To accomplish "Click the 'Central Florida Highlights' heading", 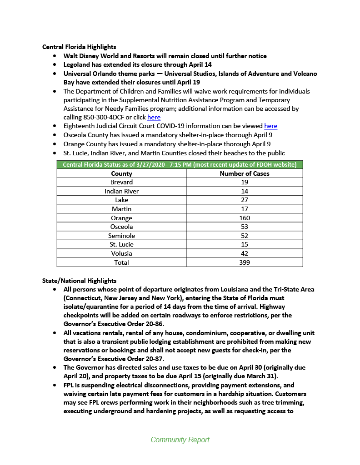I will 79,47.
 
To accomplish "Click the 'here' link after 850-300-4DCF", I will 154,117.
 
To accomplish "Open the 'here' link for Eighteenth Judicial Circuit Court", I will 270,126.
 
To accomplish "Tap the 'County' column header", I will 121,173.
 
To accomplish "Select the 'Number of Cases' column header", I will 244,173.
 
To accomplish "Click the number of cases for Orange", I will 244,218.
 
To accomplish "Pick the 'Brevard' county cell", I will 121,182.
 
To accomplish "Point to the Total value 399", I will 244,262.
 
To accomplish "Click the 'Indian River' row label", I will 121,191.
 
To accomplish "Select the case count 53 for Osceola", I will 244,227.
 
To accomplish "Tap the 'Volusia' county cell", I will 121,253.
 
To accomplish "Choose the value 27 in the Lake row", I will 244,200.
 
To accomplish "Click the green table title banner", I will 180,164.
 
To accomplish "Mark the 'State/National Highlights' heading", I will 79,281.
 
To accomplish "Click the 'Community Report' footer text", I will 180,440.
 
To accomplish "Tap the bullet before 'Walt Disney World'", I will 55,56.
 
